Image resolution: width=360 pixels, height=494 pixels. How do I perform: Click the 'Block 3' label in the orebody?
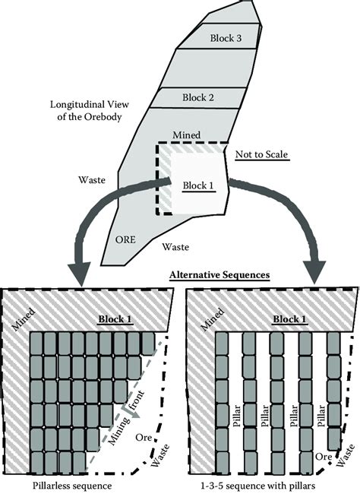pyautogui.click(x=226, y=38)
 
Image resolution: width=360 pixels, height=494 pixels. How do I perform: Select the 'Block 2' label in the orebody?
pyautogui.click(x=198, y=97)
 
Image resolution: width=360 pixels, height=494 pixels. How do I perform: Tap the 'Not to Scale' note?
pyautogui.click(x=262, y=154)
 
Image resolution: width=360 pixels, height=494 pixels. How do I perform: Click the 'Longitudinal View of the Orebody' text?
pyautogui.click(x=90, y=111)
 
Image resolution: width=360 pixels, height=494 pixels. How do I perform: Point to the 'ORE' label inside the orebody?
pyautogui.click(x=125, y=239)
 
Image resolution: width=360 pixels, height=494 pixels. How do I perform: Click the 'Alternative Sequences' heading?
pyautogui.click(x=219, y=274)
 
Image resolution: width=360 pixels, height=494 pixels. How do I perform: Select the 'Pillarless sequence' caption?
pyautogui.click(x=72, y=486)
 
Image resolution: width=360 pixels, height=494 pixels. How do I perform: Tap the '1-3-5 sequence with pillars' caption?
pyautogui.click(x=258, y=486)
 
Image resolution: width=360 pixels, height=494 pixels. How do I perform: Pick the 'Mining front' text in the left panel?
pyautogui.click(x=126, y=417)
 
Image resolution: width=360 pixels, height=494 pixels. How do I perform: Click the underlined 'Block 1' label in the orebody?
pyautogui.click(x=198, y=185)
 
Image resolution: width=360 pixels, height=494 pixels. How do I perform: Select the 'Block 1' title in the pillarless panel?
pyautogui.click(x=115, y=319)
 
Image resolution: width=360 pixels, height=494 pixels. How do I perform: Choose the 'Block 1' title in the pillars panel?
pyautogui.click(x=290, y=319)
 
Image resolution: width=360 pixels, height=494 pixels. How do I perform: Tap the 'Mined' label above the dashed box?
pyautogui.click(x=187, y=135)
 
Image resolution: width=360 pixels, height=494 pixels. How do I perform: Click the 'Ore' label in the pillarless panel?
pyautogui.click(x=144, y=437)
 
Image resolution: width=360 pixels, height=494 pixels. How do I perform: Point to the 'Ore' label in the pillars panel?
pyautogui.click(x=324, y=457)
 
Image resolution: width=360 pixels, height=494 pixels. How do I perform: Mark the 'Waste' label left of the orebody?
pyautogui.click(x=92, y=180)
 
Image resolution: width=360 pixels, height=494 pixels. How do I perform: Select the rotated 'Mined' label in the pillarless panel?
pyautogui.click(x=23, y=319)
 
